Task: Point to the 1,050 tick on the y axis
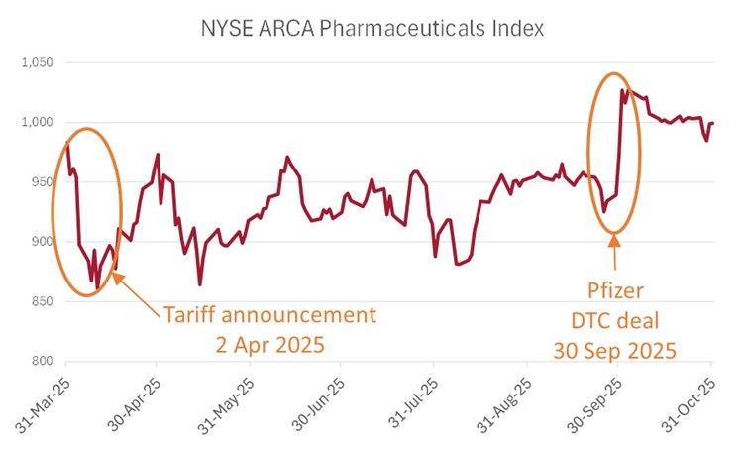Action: click(37, 62)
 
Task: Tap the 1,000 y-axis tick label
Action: click(37, 122)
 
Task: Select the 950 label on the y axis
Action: click(42, 181)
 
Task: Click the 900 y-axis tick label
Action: click(42, 241)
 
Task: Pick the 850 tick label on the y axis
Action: click(42, 301)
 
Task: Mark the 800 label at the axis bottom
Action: click(42, 361)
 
